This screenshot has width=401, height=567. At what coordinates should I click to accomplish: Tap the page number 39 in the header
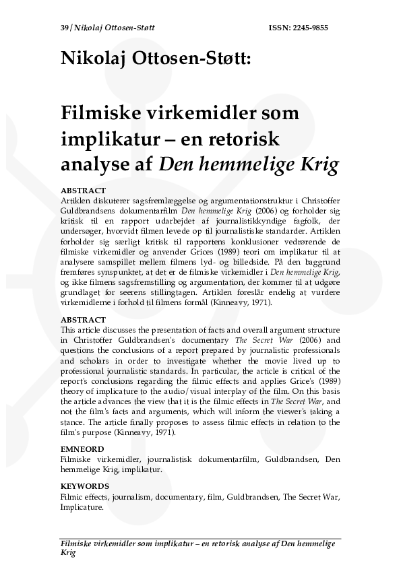[64, 29]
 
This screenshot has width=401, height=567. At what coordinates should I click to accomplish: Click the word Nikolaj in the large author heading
[91, 60]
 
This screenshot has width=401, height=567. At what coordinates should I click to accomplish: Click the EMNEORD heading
[82, 448]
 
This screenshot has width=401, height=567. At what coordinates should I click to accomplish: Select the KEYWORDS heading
[86, 485]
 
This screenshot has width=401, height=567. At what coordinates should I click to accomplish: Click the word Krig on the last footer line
[68, 552]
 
